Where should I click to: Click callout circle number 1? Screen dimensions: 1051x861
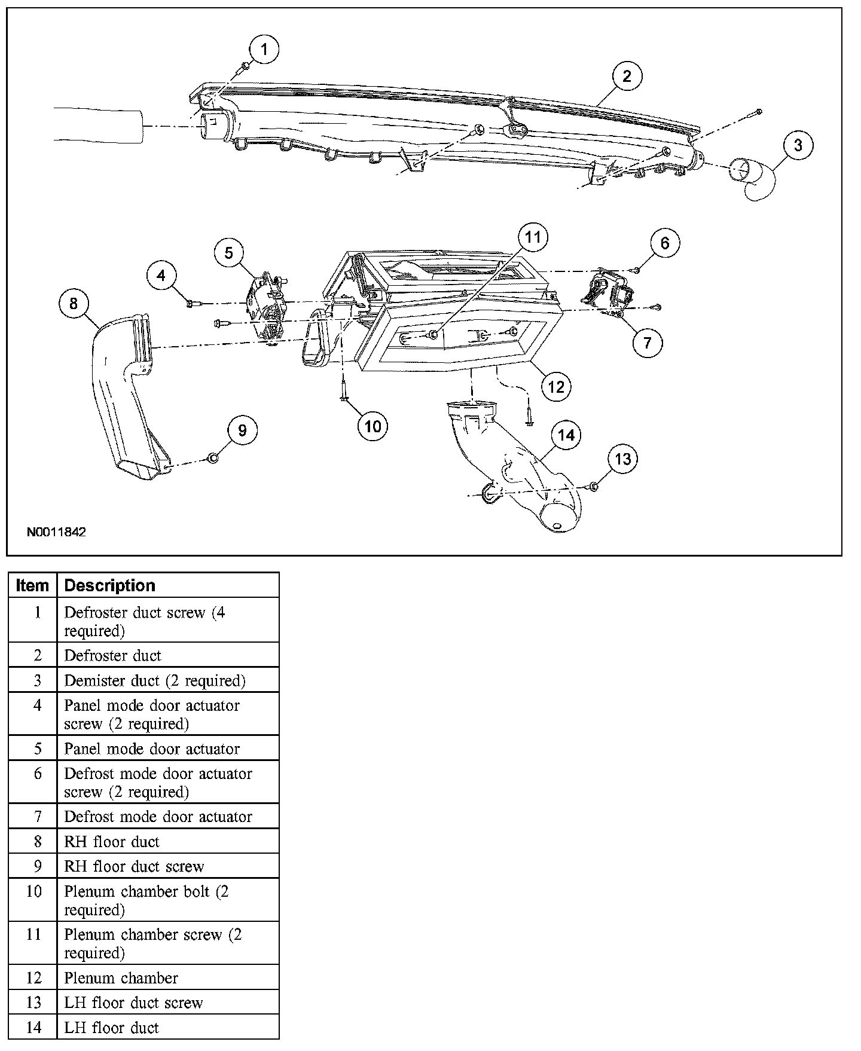[x=265, y=49]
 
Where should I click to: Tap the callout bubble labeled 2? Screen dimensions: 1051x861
[x=626, y=77]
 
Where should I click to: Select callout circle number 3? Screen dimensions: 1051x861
[x=798, y=145]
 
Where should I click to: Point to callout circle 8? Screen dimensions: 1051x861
[x=74, y=304]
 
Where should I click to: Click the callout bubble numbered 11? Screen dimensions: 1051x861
[x=532, y=237]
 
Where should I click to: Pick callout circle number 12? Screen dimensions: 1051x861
[x=555, y=387]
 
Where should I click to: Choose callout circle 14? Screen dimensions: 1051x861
[x=566, y=435]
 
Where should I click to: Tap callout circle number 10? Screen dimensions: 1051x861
[x=373, y=426]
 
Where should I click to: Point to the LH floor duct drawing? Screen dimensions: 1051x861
[x=520, y=472]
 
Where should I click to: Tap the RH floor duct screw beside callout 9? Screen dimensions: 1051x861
[x=212, y=459]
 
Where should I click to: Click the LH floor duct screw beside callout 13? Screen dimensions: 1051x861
[x=593, y=487]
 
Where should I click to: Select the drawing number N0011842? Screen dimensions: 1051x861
[x=57, y=531]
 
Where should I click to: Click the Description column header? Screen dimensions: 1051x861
[x=109, y=585]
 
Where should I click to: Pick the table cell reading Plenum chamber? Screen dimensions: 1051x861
[x=121, y=977]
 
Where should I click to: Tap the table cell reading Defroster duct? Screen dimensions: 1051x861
[x=113, y=655]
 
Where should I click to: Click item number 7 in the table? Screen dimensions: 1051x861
[x=37, y=816]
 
